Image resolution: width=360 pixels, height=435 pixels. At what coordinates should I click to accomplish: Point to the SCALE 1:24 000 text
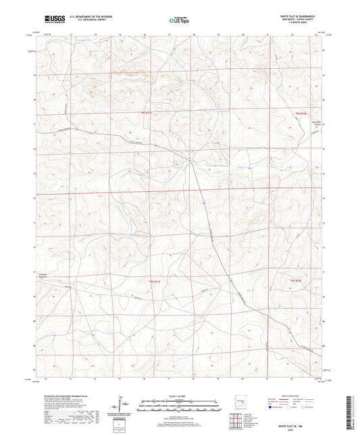[x=179, y=394]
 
